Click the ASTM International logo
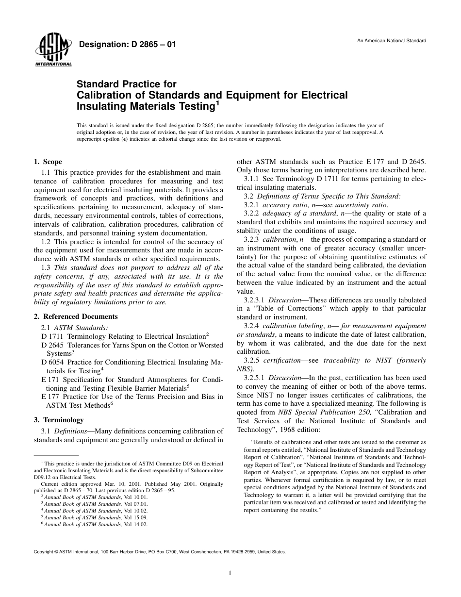(x=53, y=51)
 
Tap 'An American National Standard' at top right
(x=392, y=41)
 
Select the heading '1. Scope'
(x=48, y=162)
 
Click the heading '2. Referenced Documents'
(x=75, y=316)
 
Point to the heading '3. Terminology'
(x=58, y=420)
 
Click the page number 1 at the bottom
(x=230, y=573)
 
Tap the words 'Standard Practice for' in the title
(x=127, y=84)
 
